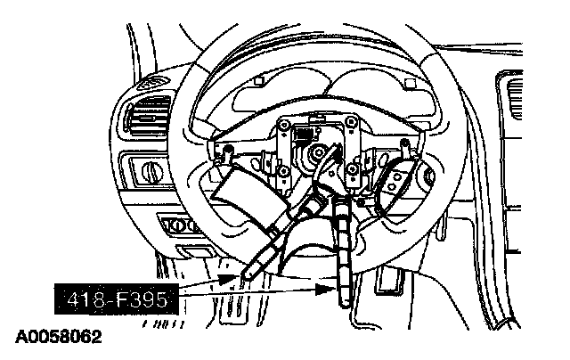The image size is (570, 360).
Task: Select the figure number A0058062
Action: pos(58,339)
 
